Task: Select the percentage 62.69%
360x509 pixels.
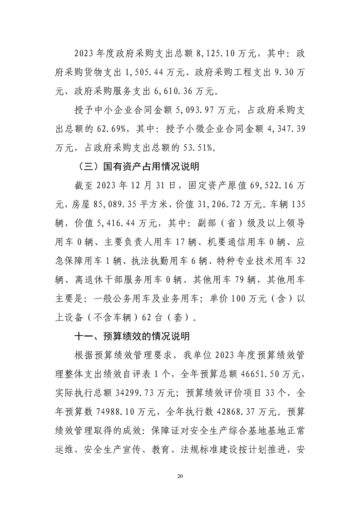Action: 113,129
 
